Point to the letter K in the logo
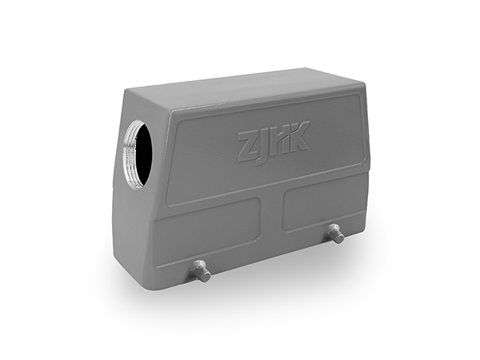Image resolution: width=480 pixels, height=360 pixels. click(x=298, y=136)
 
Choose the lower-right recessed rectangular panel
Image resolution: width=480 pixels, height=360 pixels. click(x=325, y=208)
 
